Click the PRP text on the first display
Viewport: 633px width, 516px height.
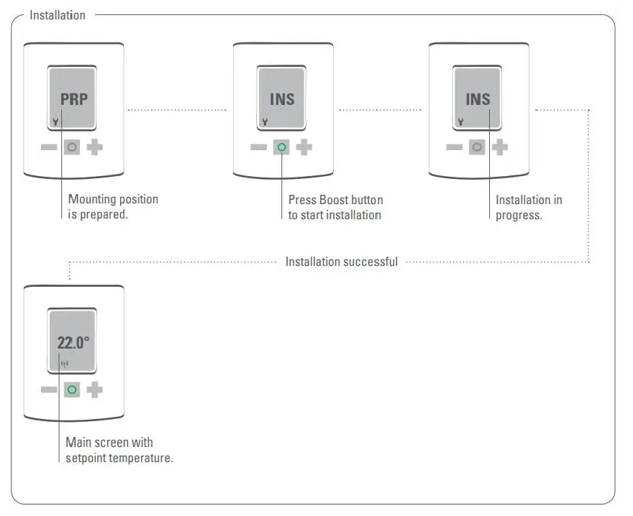73,99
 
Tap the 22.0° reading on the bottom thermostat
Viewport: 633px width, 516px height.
73,342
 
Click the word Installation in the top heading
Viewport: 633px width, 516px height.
58,15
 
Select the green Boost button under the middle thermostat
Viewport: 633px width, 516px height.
281,147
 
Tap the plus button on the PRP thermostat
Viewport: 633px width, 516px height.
95,147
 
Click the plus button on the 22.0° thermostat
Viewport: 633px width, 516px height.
95,390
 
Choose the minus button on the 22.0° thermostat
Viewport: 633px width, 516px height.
49,390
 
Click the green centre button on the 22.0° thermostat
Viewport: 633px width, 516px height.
72,390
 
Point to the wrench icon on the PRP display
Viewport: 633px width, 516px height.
55,122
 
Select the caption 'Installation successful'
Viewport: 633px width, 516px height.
341,262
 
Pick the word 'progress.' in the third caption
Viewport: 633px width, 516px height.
519,216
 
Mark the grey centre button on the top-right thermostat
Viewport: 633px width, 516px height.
477,147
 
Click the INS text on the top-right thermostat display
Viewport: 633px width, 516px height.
478,99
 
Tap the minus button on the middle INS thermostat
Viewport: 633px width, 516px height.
258,147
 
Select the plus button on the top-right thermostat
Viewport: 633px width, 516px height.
500,147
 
